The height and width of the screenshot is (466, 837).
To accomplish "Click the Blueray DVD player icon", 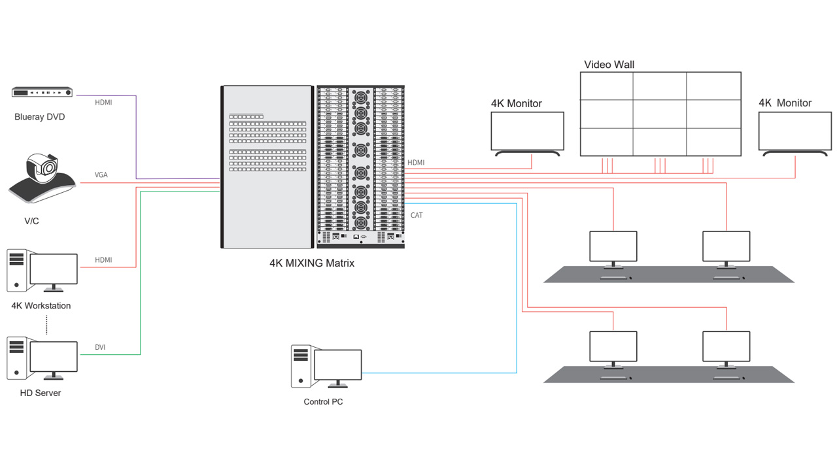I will [x=42, y=93].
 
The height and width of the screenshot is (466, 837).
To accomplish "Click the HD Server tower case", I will [x=16, y=357].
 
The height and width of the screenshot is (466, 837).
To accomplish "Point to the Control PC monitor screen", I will [x=337, y=365].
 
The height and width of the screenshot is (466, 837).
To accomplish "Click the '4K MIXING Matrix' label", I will [x=312, y=263].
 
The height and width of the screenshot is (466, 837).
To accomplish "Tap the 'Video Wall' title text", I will [x=609, y=65].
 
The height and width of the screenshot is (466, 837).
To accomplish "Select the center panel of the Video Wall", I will [x=660, y=114].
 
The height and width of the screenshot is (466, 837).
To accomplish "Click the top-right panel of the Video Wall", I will [x=714, y=86].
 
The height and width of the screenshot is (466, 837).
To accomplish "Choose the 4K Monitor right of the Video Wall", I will [x=795, y=131].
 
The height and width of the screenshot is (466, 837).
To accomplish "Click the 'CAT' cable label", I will [x=417, y=215].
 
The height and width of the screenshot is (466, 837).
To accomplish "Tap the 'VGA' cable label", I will [x=101, y=175].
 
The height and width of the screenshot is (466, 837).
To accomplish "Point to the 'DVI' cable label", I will [x=100, y=348].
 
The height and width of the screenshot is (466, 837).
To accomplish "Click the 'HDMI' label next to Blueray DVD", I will [x=103, y=103].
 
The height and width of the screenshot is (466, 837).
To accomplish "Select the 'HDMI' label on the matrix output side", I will [x=416, y=163].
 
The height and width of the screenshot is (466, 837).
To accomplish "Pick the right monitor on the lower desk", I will [x=726, y=347].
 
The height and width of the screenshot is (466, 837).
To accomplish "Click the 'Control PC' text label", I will [x=323, y=402].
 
